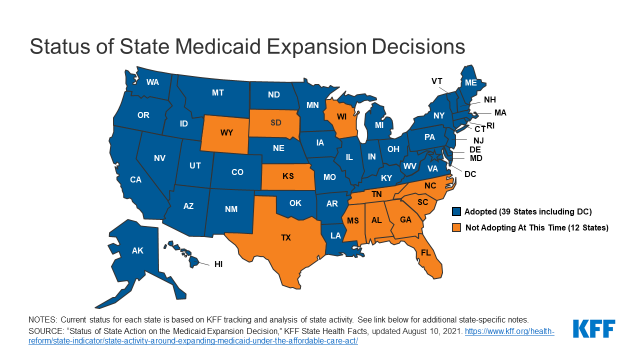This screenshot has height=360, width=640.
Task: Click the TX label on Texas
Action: (286, 237)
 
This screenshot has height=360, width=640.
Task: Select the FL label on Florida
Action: (425, 253)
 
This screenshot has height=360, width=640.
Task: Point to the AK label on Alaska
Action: (139, 252)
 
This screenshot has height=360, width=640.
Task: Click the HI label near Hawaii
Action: (218, 264)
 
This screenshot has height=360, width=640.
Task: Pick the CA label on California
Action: (135, 179)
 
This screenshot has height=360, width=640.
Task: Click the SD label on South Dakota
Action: (275, 122)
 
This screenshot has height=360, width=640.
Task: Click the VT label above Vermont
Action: (437, 80)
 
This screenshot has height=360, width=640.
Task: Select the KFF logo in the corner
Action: (597, 328)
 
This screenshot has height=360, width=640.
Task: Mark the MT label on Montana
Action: (217, 93)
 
